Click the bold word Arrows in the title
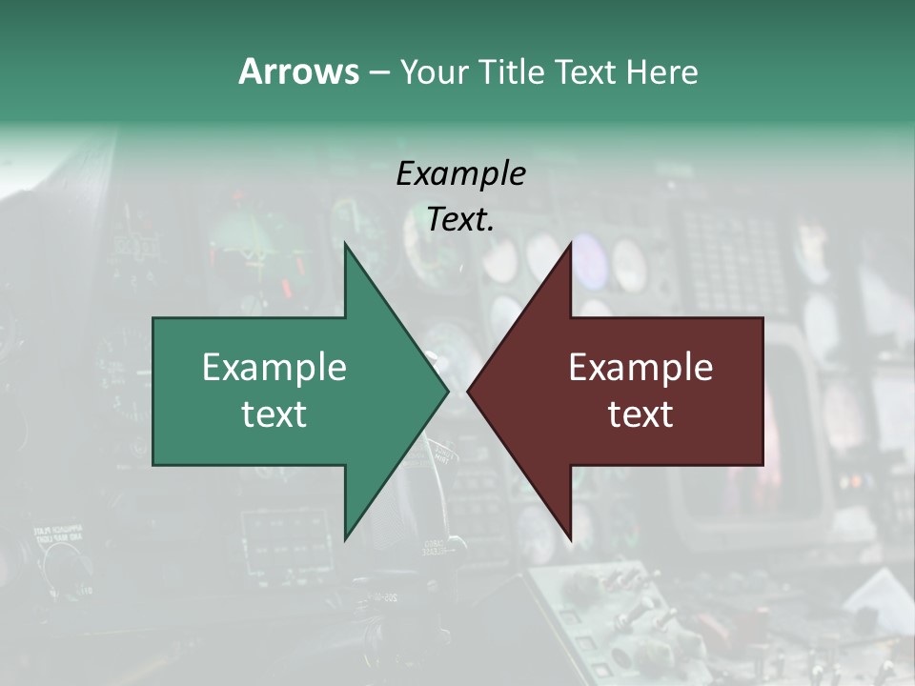click(298, 71)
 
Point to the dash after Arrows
click(378, 72)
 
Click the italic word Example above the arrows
click(460, 173)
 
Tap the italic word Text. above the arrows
click(460, 219)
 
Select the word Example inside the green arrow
click(274, 367)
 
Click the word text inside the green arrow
click(274, 414)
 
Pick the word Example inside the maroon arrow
click(640, 367)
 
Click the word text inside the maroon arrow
click(640, 414)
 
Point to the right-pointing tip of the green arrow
click(448, 391)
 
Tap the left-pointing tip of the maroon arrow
click(467, 391)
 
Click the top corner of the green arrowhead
click(345, 243)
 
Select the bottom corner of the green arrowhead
click(345, 539)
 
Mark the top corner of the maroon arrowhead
click(571, 243)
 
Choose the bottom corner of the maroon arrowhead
click(571, 539)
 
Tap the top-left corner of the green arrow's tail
click(153, 318)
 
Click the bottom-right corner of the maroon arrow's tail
click(762, 465)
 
